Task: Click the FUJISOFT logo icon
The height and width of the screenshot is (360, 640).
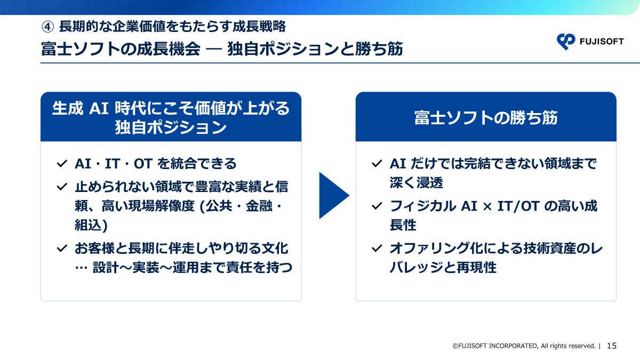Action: (565, 41)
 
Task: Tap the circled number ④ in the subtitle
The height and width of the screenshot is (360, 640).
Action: (47, 26)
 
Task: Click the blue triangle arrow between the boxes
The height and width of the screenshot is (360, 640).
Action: (332, 195)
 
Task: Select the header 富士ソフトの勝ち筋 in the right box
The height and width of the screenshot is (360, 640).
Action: (485, 118)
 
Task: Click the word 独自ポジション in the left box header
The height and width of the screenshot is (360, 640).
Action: (171, 128)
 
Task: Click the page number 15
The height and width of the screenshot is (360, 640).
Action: (612, 346)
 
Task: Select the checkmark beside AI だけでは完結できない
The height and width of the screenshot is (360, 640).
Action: (377, 163)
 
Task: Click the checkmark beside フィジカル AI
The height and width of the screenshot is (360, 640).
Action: (377, 206)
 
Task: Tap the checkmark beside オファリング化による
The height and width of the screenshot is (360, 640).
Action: (377, 249)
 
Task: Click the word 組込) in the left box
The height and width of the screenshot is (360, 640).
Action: (91, 225)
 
